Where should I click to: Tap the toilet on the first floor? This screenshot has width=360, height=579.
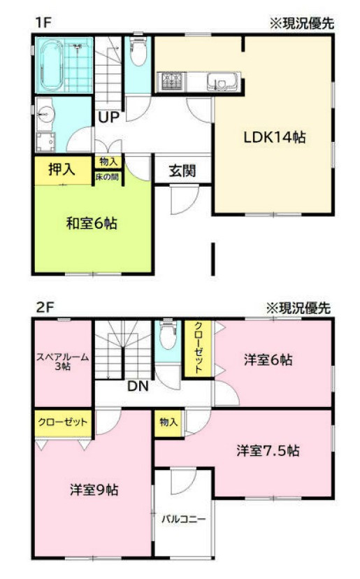[x=137, y=52]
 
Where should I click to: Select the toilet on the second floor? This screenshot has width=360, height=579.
[x=167, y=338]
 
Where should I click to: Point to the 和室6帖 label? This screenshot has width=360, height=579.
[x=91, y=224]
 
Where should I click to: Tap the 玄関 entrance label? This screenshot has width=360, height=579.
[x=182, y=171]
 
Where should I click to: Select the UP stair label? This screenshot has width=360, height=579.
[x=108, y=117]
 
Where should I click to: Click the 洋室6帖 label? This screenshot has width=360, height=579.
[x=268, y=360]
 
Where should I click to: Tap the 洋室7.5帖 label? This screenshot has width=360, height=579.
[x=268, y=450]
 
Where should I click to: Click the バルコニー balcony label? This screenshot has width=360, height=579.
[x=184, y=520]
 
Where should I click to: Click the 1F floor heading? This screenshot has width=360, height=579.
[x=43, y=22]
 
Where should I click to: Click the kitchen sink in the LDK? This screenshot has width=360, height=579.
[x=222, y=83]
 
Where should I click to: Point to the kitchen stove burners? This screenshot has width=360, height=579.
[x=172, y=83]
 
